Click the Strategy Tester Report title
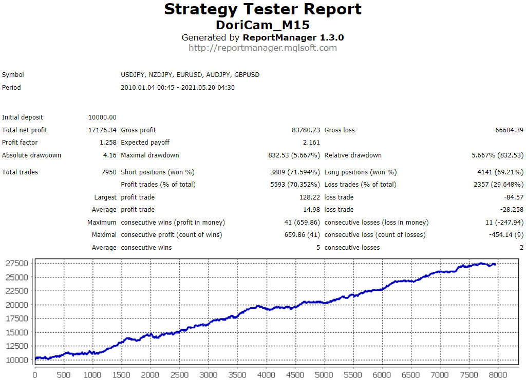pos(262,9)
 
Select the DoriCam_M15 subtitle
pos(262,25)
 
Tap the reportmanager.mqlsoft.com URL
pos(262,48)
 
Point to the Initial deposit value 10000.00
pos(102,117)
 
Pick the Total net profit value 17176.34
pos(102,130)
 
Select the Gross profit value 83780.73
pos(306,130)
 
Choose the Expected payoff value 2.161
pos(311,143)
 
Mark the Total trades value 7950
pos(109,172)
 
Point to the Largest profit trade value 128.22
pos(309,197)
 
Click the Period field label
pos(11,88)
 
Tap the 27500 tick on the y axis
pos(17,264)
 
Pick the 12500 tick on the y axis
pos(17,346)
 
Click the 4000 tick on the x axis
pos(266,374)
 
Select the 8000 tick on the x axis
pos(497,374)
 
